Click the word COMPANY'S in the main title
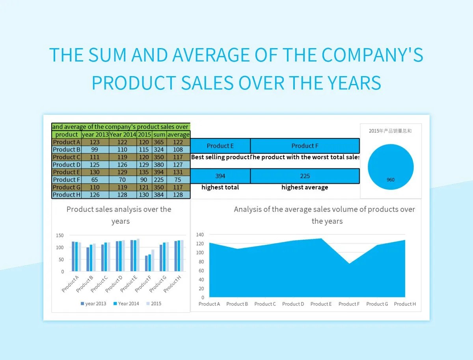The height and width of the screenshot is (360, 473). [372, 55]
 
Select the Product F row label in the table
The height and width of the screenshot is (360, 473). [66, 180]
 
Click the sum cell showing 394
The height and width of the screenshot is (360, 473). [159, 172]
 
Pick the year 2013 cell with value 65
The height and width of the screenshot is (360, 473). [95, 180]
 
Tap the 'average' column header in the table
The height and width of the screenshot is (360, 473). [178, 134]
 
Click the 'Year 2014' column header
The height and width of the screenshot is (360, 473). [123, 134]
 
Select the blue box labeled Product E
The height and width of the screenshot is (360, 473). [220, 146]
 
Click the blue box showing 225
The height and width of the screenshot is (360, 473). [305, 176]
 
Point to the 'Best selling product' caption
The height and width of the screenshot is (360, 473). [220, 157]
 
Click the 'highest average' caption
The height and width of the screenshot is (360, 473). [305, 187]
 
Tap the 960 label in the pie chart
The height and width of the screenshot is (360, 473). [390, 180]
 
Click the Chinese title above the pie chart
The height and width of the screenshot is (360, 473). [390, 131]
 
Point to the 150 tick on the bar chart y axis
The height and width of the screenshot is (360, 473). [60, 235]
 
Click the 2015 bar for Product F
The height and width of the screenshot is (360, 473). [153, 260]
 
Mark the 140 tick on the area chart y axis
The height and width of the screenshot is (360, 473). [200, 235]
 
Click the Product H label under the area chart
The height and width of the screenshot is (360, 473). [405, 304]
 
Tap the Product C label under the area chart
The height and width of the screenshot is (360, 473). [265, 304]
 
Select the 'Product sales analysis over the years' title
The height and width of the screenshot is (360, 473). [119, 215]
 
